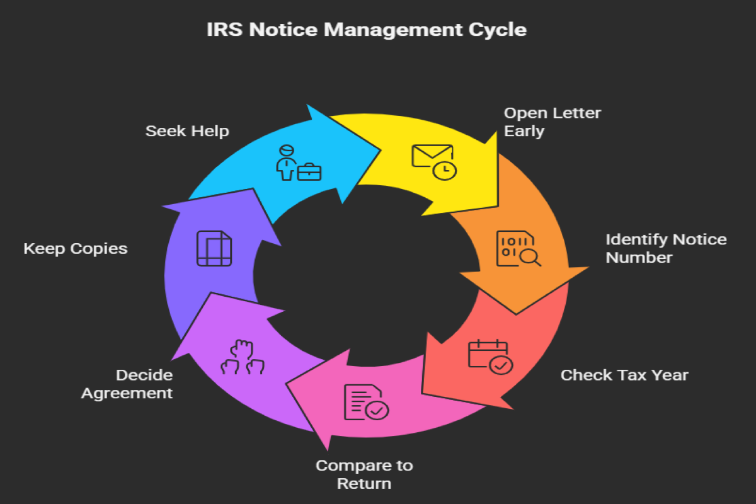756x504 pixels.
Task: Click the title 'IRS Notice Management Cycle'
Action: tap(367, 30)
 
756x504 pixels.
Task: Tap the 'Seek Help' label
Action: tap(187, 131)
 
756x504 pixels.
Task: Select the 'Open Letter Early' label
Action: tap(552, 122)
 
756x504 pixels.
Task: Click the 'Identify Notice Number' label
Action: tap(666, 248)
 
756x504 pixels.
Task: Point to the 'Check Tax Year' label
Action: tap(624, 375)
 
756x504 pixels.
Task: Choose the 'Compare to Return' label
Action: tap(364, 474)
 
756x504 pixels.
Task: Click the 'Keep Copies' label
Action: tap(76, 248)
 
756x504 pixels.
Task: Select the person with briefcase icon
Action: tap(298, 163)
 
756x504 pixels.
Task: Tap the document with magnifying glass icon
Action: tap(518, 248)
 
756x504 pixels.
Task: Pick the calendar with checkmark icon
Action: tap(490, 357)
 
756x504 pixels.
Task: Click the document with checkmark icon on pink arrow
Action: tap(365, 402)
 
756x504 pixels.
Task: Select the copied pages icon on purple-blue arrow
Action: tap(214, 248)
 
